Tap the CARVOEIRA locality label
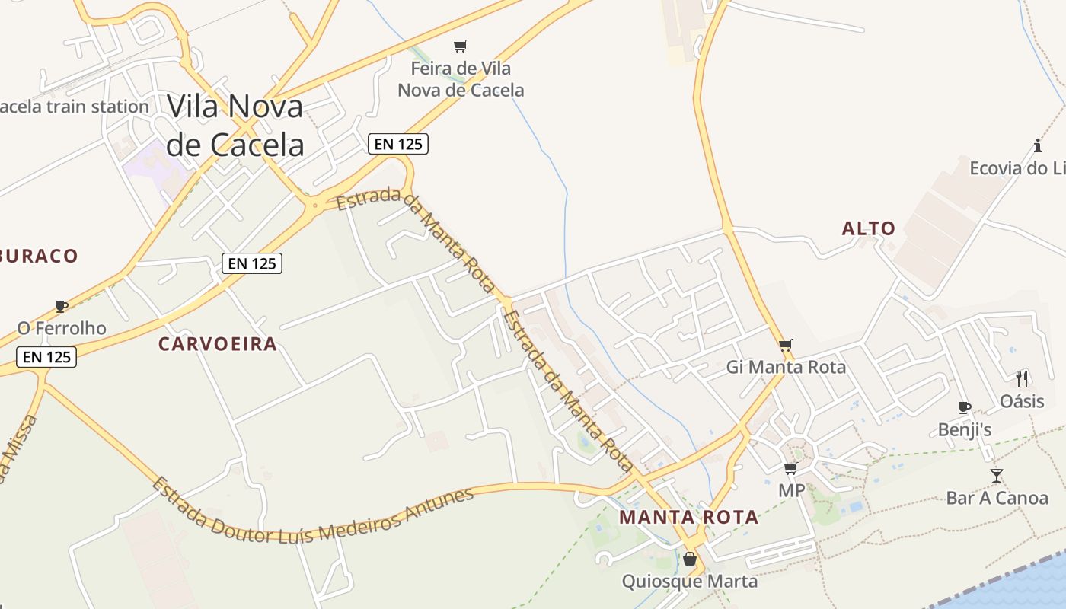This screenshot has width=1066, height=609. (x=217, y=344)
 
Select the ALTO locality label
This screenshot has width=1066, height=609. (x=868, y=228)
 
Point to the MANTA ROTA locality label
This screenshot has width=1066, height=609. (x=688, y=518)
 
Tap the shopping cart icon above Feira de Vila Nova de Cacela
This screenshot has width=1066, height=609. (x=460, y=46)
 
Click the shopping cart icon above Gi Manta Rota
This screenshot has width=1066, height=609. (x=786, y=345)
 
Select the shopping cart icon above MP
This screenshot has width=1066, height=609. (x=791, y=469)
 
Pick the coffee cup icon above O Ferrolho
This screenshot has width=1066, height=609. (x=62, y=307)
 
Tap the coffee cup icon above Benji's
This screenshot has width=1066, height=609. (x=965, y=408)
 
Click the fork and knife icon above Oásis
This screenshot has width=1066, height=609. (x=1022, y=378)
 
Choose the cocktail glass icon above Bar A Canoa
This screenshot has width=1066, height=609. (x=997, y=476)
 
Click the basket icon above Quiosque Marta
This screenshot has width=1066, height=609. (x=690, y=560)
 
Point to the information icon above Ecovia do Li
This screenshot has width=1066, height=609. (x=1037, y=145)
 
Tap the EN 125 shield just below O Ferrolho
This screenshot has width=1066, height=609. (x=46, y=356)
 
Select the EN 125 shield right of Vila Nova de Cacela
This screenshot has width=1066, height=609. (x=397, y=143)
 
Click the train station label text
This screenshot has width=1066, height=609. (x=74, y=107)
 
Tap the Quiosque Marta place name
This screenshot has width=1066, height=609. (x=689, y=582)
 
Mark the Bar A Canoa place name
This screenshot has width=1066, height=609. (x=997, y=499)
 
